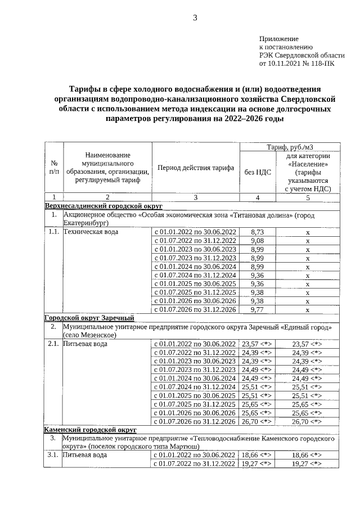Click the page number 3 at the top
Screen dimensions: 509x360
(195, 17)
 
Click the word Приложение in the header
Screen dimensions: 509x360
(278, 38)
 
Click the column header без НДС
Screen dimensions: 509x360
(258, 172)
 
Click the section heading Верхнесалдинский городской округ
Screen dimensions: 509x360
(103, 206)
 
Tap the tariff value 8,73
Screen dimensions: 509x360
(257, 232)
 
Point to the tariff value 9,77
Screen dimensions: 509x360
(257, 309)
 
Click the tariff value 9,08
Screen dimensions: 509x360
(257, 241)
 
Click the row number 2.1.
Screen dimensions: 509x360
(53, 344)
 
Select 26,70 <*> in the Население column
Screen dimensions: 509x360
(307, 421)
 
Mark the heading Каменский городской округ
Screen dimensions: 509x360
(91, 430)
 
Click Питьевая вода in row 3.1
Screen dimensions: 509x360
(84, 455)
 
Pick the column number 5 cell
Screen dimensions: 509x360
(307, 197)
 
